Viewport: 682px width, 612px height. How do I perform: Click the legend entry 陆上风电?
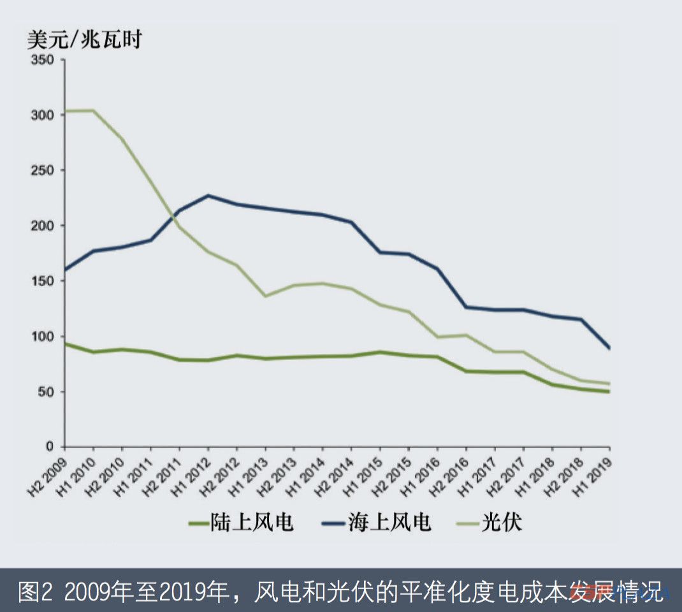click(242, 523)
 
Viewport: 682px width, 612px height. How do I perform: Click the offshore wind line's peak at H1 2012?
click(208, 196)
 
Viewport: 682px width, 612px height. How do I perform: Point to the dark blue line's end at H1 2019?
click(609, 348)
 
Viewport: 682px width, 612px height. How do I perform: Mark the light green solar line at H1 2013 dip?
click(266, 296)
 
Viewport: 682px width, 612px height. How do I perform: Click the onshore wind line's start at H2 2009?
click(66, 344)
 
